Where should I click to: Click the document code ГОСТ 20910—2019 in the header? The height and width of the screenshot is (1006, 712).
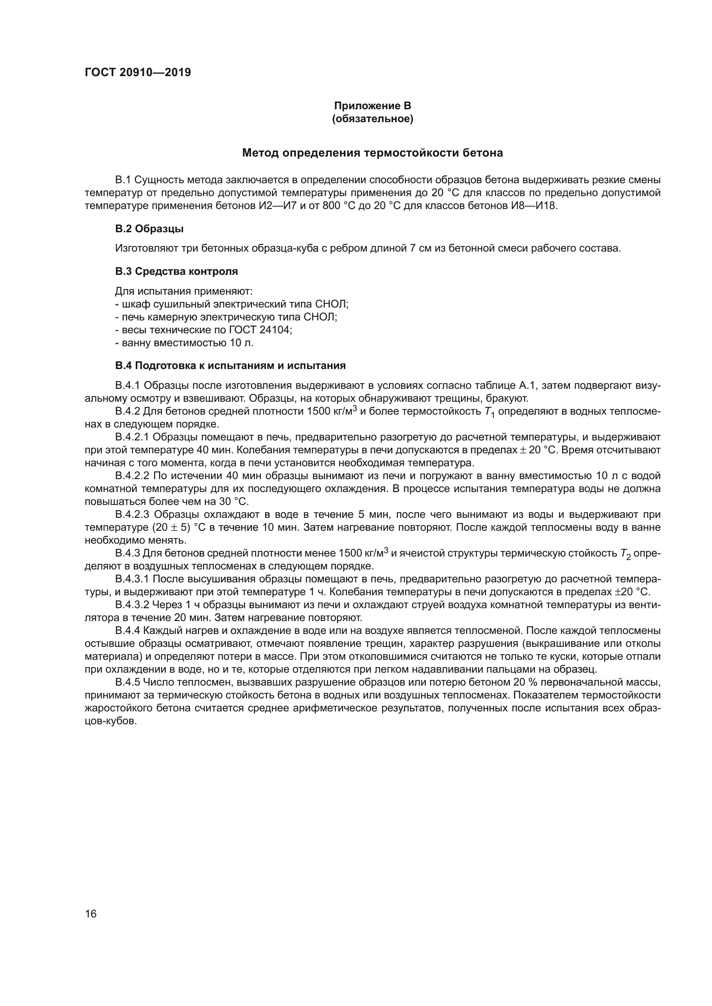click(138, 73)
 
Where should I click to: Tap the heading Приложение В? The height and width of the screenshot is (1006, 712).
click(372, 106)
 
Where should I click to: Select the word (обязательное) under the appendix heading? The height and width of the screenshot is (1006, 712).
click(372, 119)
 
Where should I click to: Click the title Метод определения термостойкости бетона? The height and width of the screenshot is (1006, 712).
click(372, 154)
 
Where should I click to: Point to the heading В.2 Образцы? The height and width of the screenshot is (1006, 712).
click(149, 229)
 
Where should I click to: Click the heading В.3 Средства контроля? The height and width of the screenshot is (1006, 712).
click(176, 272)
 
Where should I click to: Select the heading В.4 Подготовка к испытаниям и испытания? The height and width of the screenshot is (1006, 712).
click(230, 366)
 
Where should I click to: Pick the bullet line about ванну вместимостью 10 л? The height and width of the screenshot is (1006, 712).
click(184, 343)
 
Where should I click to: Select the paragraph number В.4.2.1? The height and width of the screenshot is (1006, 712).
click(133, 437)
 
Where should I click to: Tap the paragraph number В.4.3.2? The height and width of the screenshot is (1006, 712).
click(133, 606)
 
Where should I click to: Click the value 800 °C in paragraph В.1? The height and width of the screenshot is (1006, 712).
click(337, 206)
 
